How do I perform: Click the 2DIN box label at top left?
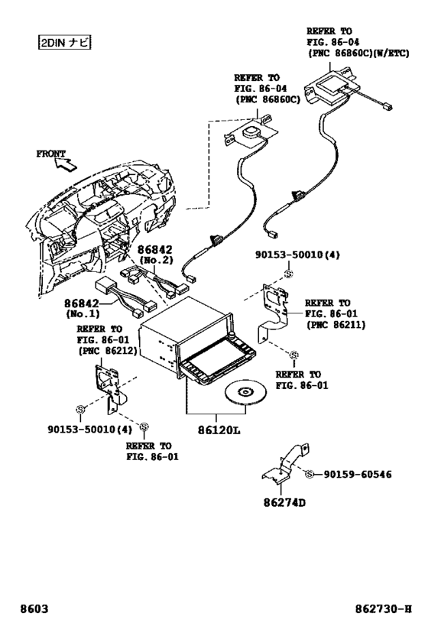coord(65,42)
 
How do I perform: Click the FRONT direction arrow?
coord(66,164)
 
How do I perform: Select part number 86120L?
coord(219,430)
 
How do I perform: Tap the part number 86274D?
coord(284,502)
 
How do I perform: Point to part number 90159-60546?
coord(358,475)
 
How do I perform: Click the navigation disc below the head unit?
coord(245,392)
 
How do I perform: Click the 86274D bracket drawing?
coord(287,463)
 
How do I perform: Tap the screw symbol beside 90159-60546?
coord(309,475)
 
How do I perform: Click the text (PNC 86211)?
coord(336,325)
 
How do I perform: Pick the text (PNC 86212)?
coord(108,351)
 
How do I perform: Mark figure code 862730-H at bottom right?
coord(384,609)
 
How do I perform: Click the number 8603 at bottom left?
coord(34,609)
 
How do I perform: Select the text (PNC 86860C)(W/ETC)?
coord(358,53)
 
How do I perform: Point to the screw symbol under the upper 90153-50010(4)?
coord(288,274)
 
